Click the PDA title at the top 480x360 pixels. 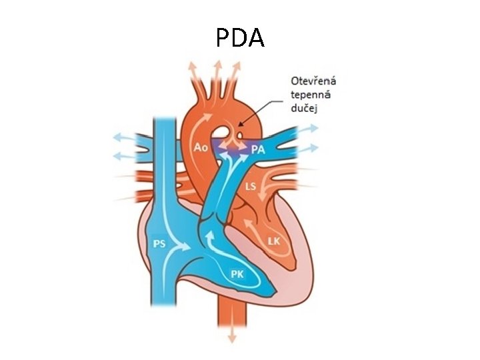240,37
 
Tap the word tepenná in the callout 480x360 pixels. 310,95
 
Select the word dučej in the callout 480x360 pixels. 305,108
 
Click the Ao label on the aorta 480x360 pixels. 201,146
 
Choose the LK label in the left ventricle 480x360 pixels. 273,241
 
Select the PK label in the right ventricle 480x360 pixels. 237,273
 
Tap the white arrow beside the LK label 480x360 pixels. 253,230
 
